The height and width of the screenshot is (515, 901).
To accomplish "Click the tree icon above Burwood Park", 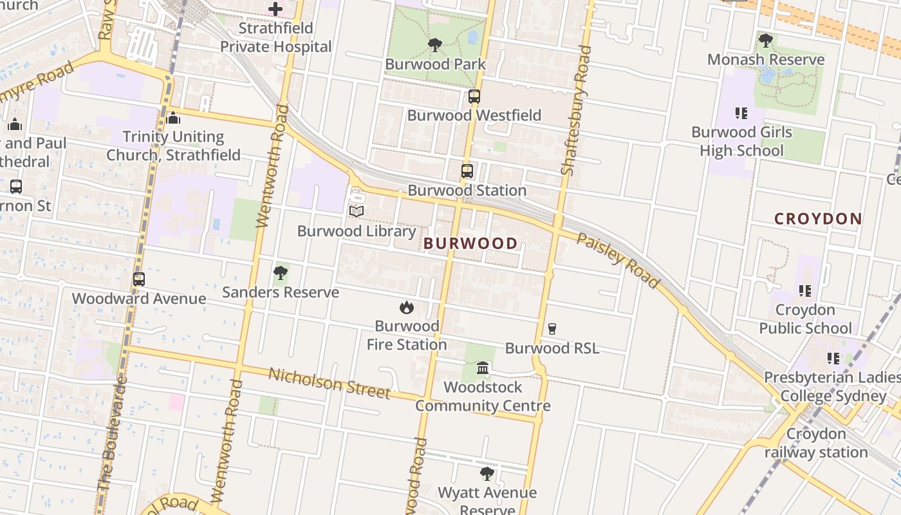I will point(435,45).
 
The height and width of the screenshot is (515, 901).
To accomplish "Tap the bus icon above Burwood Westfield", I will point(474,97).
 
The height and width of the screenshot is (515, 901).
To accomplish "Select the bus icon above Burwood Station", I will point(467,171).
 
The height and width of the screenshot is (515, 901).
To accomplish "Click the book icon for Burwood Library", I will point(357,211).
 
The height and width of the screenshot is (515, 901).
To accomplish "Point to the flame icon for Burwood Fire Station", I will point(406,307).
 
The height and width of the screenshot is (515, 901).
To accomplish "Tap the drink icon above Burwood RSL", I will point(552,329).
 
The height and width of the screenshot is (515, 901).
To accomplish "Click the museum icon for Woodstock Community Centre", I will point(483,368).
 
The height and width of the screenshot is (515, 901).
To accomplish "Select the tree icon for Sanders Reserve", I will point(280,273).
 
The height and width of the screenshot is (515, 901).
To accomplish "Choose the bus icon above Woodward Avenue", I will point(139,279).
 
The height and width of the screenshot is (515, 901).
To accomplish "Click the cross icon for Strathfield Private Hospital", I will point(275,9).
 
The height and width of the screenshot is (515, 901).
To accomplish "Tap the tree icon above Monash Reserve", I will point(765,41).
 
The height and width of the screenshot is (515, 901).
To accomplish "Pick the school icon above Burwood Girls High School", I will point(741,113).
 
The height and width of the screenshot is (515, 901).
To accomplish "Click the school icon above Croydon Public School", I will point(804,291).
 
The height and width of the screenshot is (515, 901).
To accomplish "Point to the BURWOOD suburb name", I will point(470,243).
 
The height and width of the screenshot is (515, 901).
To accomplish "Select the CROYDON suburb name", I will point(818,219).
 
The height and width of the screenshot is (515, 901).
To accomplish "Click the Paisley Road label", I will point(618,260).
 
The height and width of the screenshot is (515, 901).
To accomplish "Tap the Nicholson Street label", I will point(329,382).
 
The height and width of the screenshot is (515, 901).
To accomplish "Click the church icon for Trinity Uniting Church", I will point(173,118).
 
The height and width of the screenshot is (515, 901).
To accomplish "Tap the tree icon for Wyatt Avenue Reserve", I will point(487,474).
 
